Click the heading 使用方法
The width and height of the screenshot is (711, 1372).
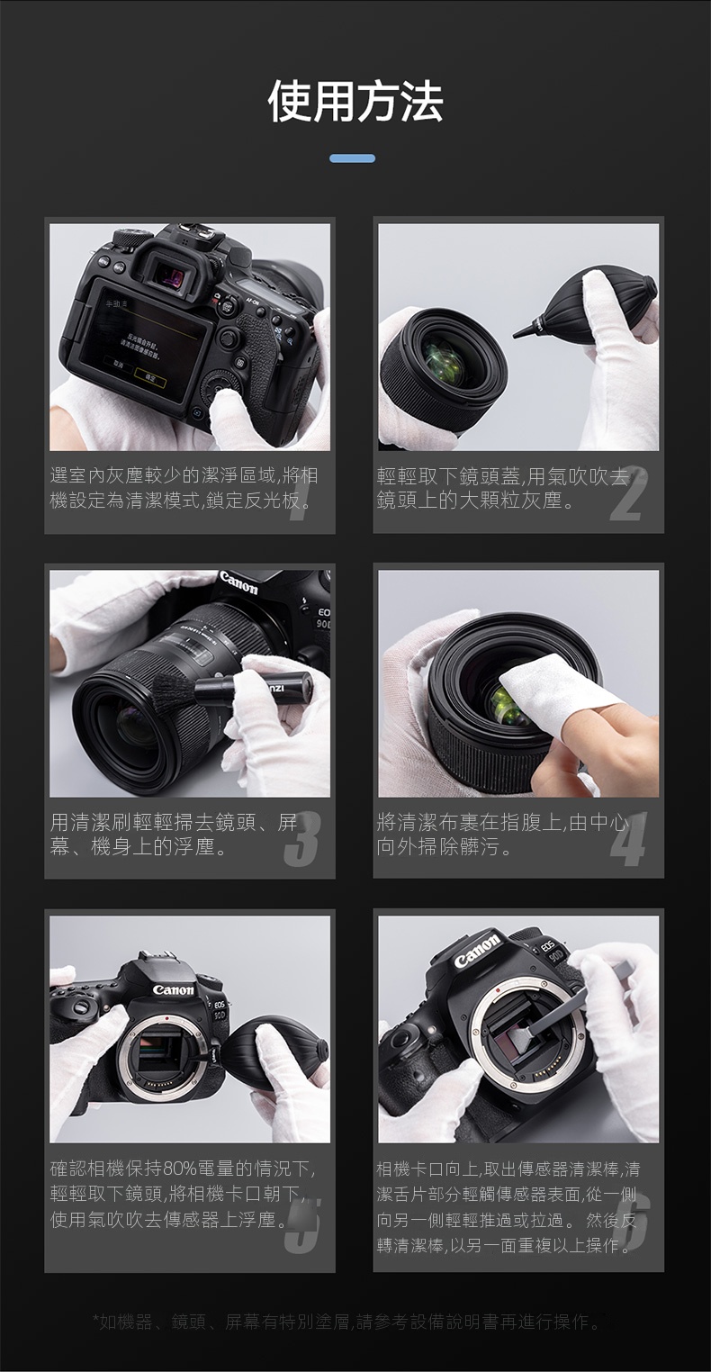(x=355, y=102)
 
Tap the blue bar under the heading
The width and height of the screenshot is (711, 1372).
(x=352, y=158)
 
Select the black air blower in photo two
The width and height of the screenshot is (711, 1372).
(x=587, y=306)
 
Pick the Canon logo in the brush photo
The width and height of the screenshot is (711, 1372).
(x=238, y=582)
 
